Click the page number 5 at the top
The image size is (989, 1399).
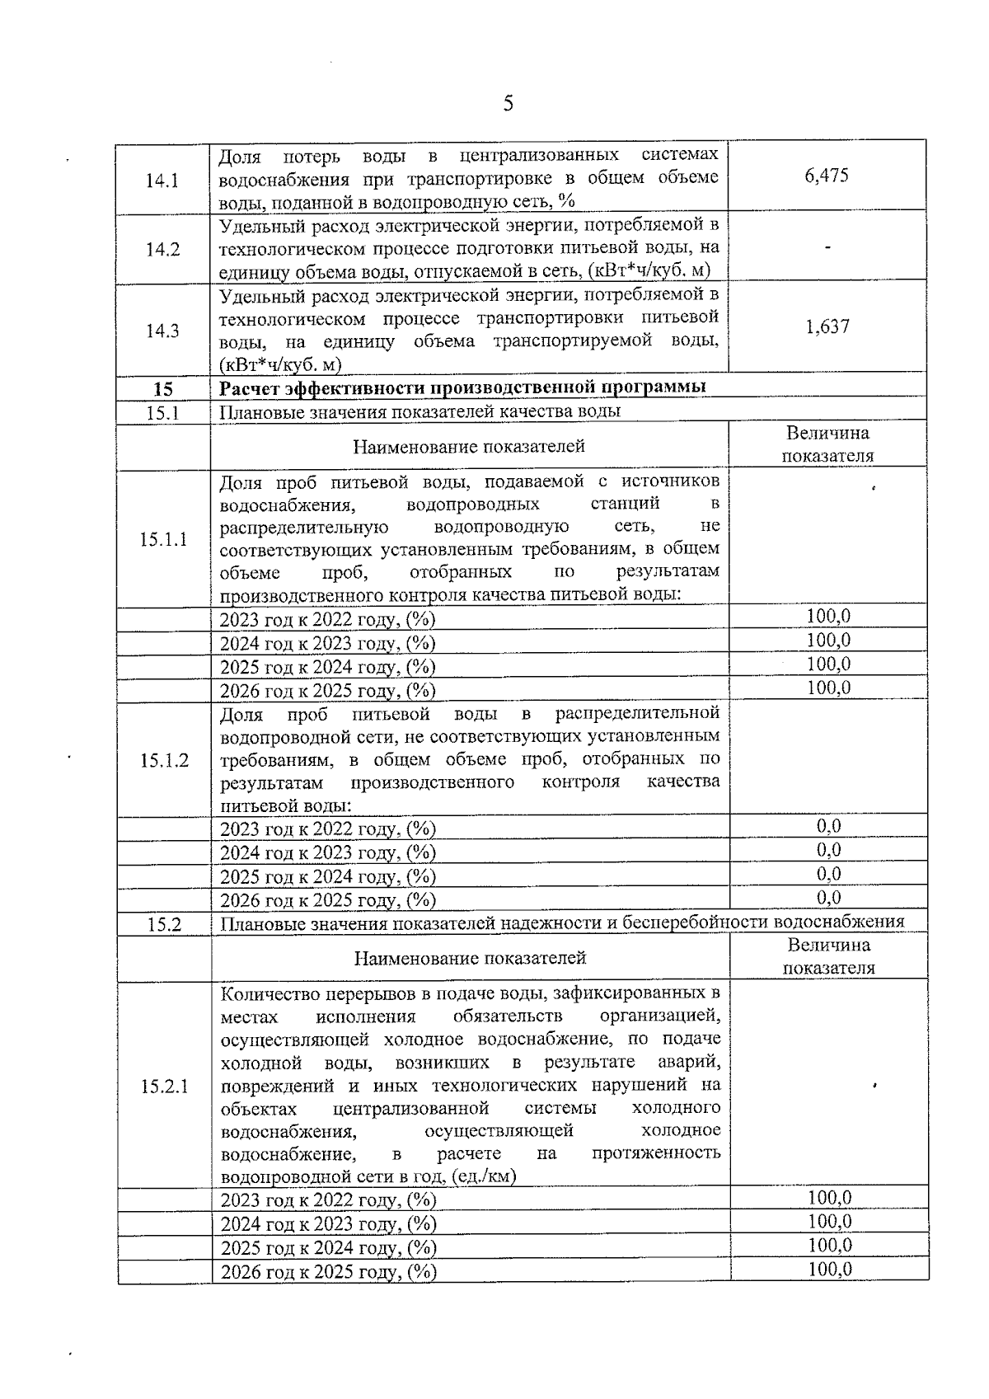tap(508, 104)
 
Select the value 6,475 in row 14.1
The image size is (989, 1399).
tap(827, 176)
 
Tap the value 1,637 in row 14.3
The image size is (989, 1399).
tap(827, 326)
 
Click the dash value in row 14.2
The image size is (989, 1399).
tap(827, 246)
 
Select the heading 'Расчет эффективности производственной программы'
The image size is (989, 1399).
tap(462, 387)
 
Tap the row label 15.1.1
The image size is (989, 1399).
tap(163, 539)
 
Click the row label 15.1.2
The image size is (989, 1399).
tap(163, 760)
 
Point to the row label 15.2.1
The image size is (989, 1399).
tap(164, 1087)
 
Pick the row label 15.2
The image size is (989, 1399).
tap(164, 924)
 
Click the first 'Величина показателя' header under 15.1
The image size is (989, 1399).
tap(827, 444)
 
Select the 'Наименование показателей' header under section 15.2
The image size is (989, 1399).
tap(470, 958)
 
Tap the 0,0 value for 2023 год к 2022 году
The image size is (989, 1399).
tap(828, 827)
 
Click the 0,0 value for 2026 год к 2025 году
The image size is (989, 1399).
tap(828, 898)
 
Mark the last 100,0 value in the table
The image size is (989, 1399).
tap(829, 1270)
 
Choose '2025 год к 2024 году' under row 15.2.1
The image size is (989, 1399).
tap(328, 1248)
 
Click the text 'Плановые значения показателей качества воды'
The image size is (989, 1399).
tap(420, 411)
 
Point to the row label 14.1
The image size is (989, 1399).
tap(162, 180)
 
